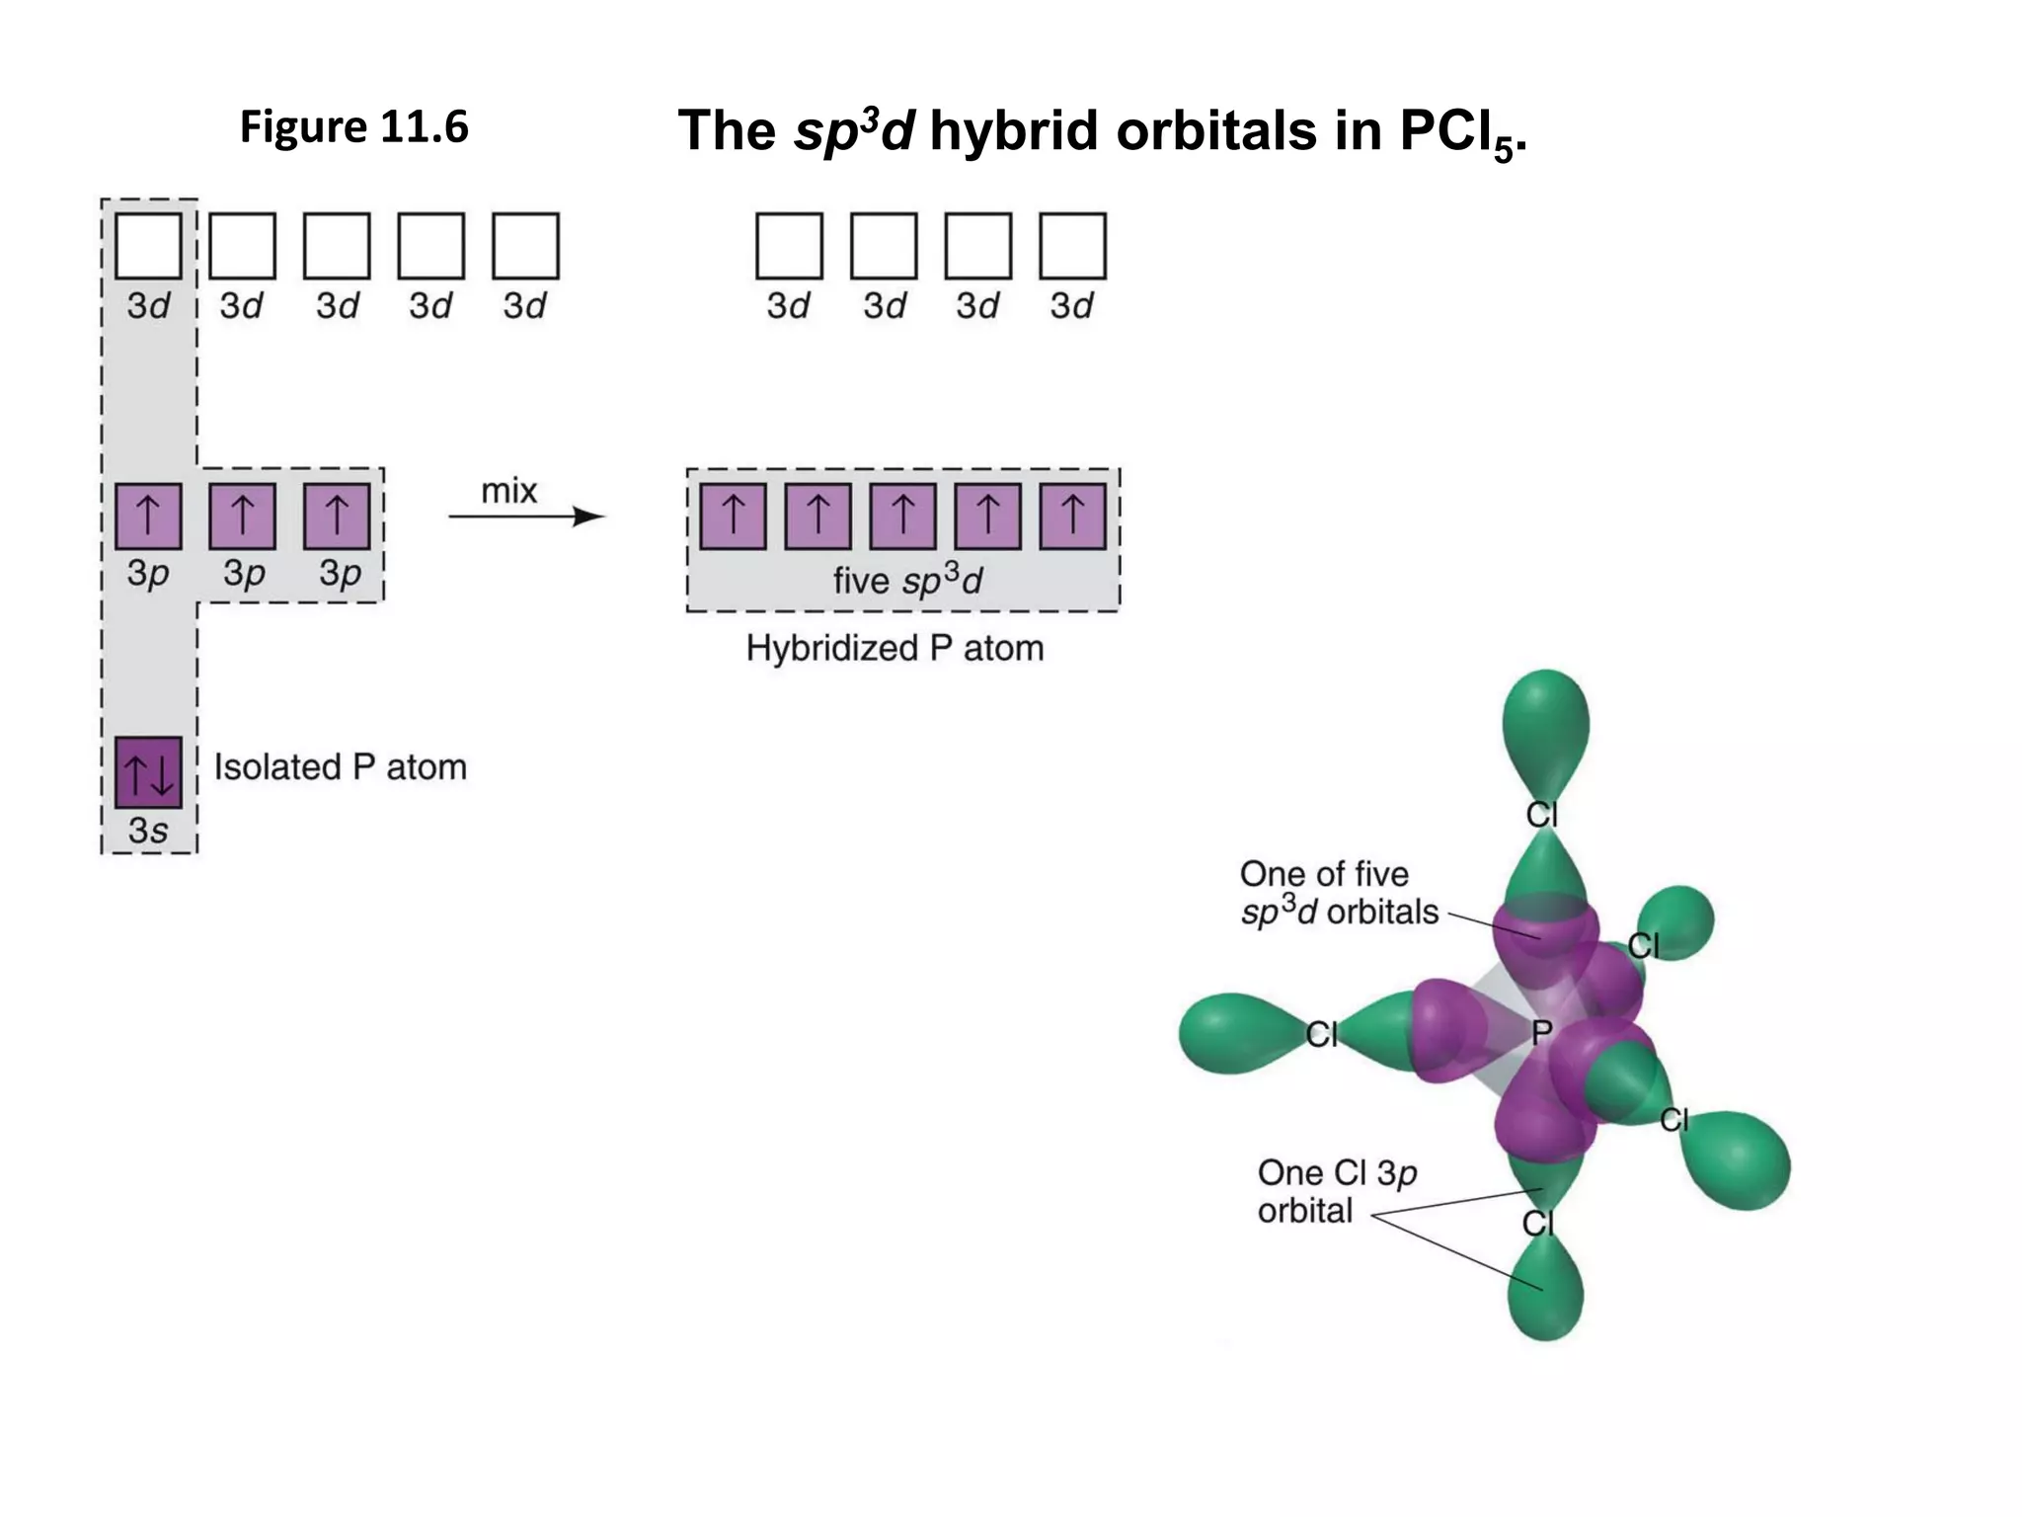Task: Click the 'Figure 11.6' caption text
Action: (x=353, y=127)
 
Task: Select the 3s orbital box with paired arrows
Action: (x=148, y=771)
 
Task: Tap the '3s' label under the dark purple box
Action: (x=148, y=831)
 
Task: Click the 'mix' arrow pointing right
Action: (x=526, y=517)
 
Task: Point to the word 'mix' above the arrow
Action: (x=508, y=491)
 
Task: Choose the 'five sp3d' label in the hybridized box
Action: (x=907, y=580)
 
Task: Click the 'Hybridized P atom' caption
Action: (x=894, y=648)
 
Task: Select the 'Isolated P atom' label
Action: (x=340, y=766)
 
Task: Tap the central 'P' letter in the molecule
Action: (x=1541, y=1033)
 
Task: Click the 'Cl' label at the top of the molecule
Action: (x=1541, y=815)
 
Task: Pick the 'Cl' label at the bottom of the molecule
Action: (x=1538, y=1224)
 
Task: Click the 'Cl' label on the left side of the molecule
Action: (x=1321, y=1034)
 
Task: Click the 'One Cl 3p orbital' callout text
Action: (x=1336, y=1191)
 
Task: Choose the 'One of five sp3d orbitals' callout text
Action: (x=1338, y=893)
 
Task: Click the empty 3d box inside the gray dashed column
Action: (x=148, y=246)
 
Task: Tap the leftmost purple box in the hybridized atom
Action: (x=733, y=517)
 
